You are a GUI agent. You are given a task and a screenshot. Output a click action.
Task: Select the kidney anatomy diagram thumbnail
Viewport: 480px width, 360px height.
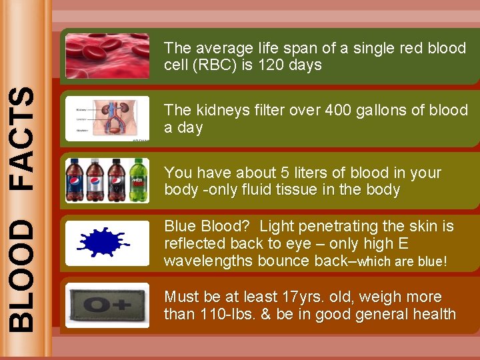[107, 119]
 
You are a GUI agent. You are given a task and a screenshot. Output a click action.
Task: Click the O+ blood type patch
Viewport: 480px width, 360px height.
[107, 305]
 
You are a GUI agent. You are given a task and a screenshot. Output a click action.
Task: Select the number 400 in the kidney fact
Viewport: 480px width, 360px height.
[338, 110]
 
